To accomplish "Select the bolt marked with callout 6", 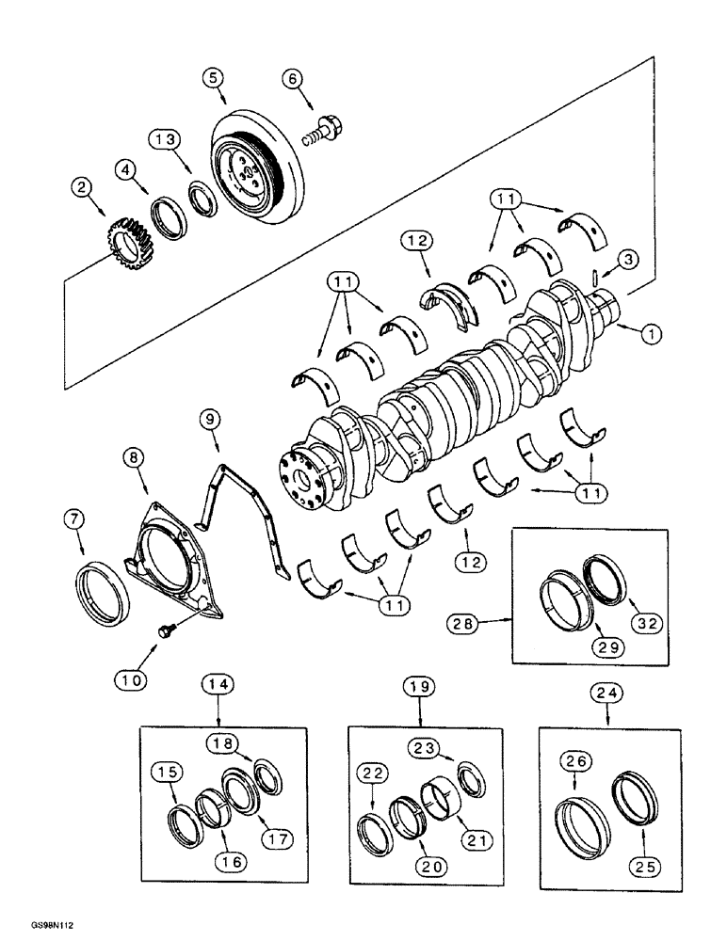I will [x=323, y=130].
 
